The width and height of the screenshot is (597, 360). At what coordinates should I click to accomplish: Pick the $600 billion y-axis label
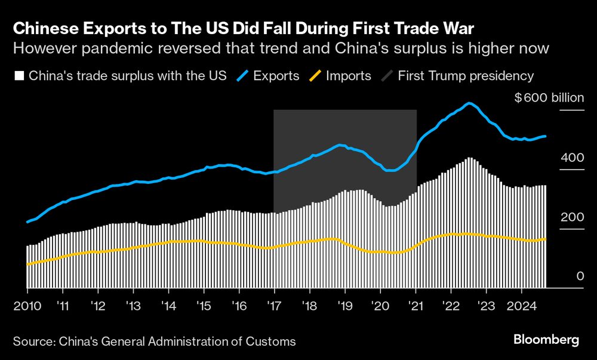549,98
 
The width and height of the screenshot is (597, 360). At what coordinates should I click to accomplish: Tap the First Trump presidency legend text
466,76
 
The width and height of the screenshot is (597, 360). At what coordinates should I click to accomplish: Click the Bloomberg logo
546,340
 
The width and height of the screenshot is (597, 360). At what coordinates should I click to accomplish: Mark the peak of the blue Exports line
470,103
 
